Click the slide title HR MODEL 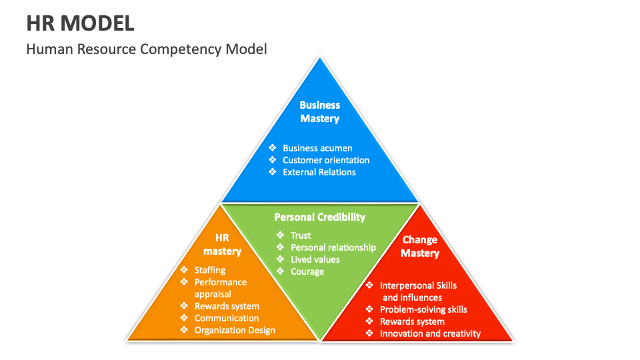tap(80, 23)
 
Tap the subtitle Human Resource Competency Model tap(147, 49)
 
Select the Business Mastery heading tap(319, 112)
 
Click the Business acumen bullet tap(317, 148)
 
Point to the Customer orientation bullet tap(325, 160)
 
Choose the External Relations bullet tap(319, 172)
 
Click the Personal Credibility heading tap(319, 217)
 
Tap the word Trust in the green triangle tap(301, 235)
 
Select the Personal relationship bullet tap(333, 247)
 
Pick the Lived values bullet tap(315, 259)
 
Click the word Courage tap(307, 271)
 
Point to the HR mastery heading tap(222, 245)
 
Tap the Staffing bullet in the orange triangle tap(210, 270)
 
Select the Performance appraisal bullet tap(220, 288)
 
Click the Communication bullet tap(227, 318)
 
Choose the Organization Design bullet tap(235, 330)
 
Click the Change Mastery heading tap(420, 247)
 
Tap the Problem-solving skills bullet tap(423, 309)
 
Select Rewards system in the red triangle tap(412, 321)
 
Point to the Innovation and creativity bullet tap(430, 333)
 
